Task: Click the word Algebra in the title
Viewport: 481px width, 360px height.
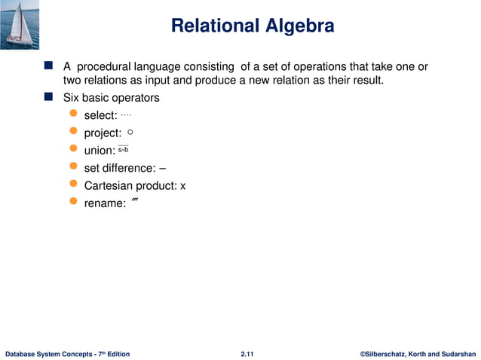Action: tap(297, 26)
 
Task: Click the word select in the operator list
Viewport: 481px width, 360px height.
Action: tap(99, 115)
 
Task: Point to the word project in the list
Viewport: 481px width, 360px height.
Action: tap(102, 133)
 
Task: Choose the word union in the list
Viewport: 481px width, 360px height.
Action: tap(98, 151)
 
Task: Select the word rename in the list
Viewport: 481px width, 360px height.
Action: tap(103, 203)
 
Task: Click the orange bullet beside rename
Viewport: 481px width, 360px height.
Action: tap(73, 202)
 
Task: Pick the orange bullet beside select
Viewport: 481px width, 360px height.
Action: tap(73, 114)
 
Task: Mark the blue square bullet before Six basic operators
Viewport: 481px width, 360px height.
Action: tap(49, 97)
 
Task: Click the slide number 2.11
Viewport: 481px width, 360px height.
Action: tap(247, 353)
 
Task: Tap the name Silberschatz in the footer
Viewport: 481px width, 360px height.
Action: tap(393, 353)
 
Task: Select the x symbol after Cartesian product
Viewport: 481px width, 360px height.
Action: tap(182, 186)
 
